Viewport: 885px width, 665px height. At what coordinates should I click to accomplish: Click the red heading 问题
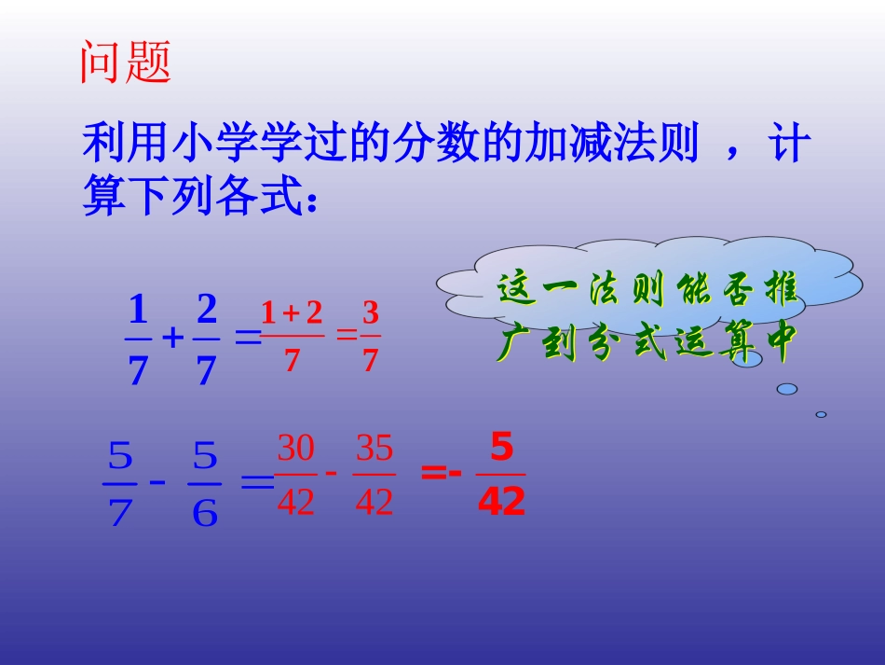coord(126,63)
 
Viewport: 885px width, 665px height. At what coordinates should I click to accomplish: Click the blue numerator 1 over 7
coord(138,307)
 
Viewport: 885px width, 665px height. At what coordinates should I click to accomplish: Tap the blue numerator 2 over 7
coord(206,307)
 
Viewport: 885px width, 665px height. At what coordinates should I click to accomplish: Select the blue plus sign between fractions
coord(171,339)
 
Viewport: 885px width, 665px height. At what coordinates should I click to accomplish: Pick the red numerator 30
coord(296,450)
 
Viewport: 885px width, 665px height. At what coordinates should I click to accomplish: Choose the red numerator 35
coord(374,450)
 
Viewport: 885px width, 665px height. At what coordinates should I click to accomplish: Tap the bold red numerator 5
coord(501,450)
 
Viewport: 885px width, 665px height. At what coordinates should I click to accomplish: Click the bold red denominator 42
coord(501,504)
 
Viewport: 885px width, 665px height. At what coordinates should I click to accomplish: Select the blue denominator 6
coord(205,512)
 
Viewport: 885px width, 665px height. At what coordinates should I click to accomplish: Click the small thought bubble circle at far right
coord(821,414)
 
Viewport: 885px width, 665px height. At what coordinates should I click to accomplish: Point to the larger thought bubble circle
coord(787,388)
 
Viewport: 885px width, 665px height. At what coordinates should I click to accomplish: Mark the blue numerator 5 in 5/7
coord(120,458)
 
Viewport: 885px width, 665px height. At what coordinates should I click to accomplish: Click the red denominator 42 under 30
coord(296,504)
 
